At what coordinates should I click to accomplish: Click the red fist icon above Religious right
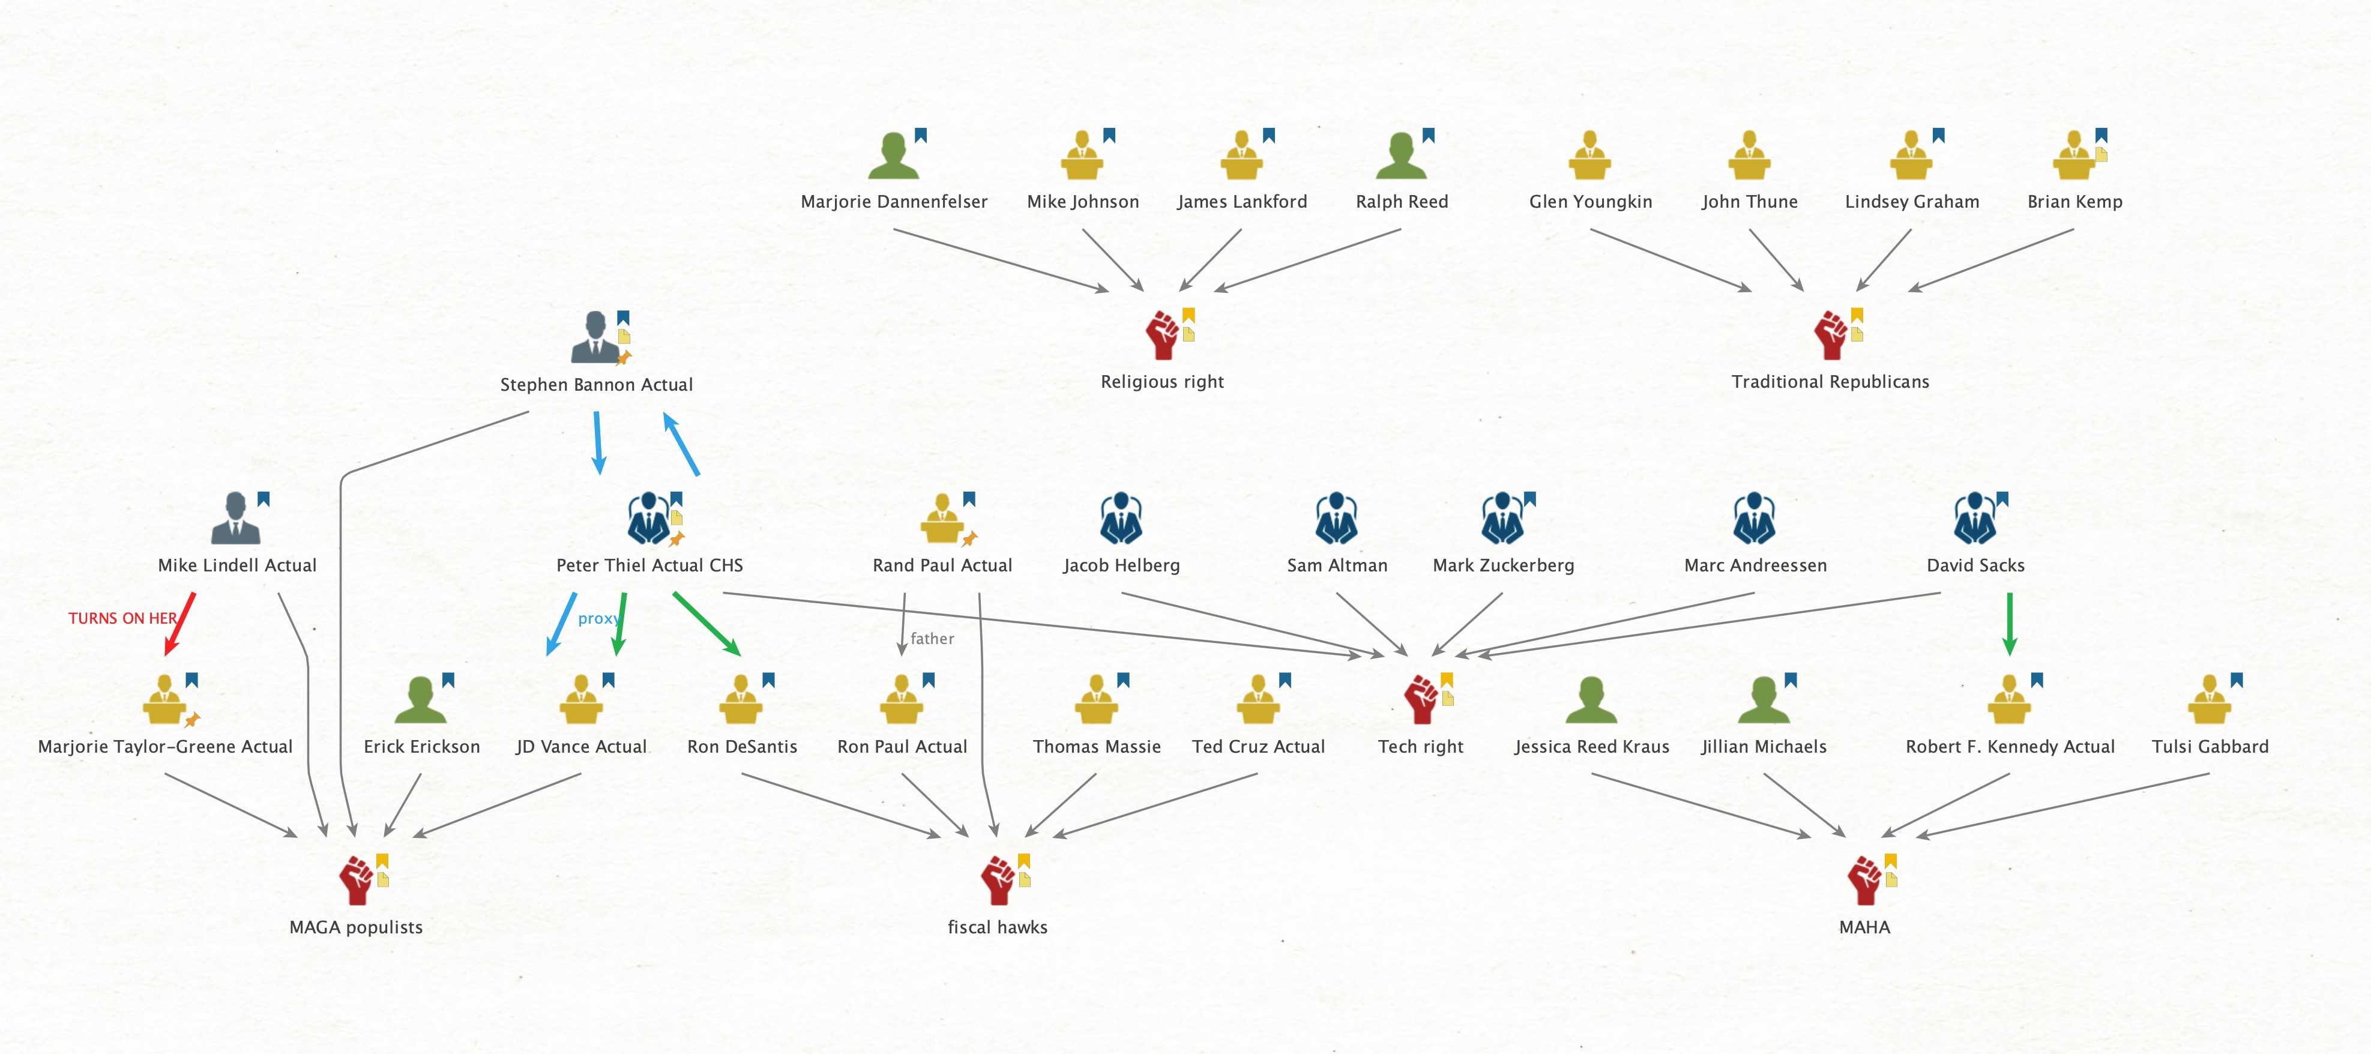[x=1161, y=334]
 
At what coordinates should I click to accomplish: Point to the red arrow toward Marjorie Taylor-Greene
[x=181, y=623]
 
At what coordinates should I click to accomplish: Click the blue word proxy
[x=597, y=619]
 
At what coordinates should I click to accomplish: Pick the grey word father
[x=932, y=639]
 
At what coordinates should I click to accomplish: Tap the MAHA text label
[x=1864, y=927]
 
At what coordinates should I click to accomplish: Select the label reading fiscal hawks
[x=997, y=927]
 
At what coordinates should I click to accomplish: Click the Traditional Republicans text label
[x=1829, y=382]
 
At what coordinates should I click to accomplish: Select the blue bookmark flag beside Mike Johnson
[x=1109, y=135]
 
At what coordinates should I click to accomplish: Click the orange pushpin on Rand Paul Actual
[x=969, y=538]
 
